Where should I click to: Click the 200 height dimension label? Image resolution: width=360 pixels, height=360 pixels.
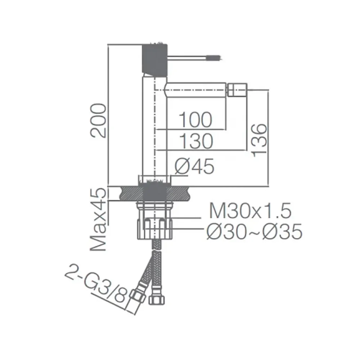pos(99,121)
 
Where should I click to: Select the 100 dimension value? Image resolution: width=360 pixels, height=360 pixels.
pos(195,120)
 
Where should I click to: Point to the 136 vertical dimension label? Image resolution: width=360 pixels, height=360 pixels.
pos(259,140)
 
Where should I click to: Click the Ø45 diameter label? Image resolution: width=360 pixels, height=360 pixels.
pos(194,166)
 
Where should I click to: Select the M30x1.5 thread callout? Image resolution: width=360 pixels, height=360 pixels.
pos(250,211)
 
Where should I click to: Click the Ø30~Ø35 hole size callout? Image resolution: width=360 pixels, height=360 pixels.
pos(254,231)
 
